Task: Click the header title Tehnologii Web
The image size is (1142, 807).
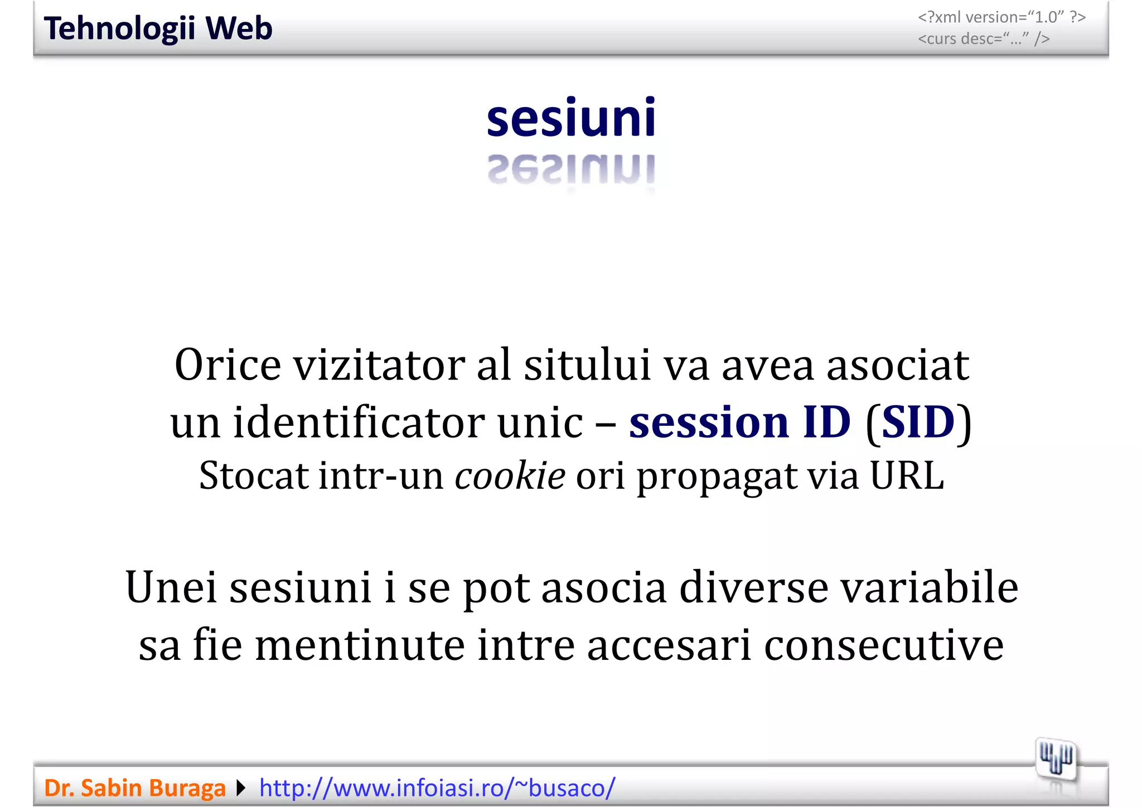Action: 158,28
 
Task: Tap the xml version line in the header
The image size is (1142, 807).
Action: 1001,17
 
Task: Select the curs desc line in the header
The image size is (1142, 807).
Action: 984,39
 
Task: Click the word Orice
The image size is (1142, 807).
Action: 228,365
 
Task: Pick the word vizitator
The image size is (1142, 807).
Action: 379,365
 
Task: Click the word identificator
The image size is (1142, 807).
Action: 359,422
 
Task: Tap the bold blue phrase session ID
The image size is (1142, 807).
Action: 740,422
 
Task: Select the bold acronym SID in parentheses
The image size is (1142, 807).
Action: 918,422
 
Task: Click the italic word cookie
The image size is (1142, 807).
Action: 510,477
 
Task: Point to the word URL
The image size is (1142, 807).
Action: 907,477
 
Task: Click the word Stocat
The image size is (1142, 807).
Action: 254,477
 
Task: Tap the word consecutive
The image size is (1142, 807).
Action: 884,645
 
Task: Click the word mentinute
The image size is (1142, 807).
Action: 360,645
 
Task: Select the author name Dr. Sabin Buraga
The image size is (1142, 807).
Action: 135,788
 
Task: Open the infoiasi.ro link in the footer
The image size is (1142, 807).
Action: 437,788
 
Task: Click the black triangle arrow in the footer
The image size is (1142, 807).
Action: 241,788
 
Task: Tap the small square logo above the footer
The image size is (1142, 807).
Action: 1056,760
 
